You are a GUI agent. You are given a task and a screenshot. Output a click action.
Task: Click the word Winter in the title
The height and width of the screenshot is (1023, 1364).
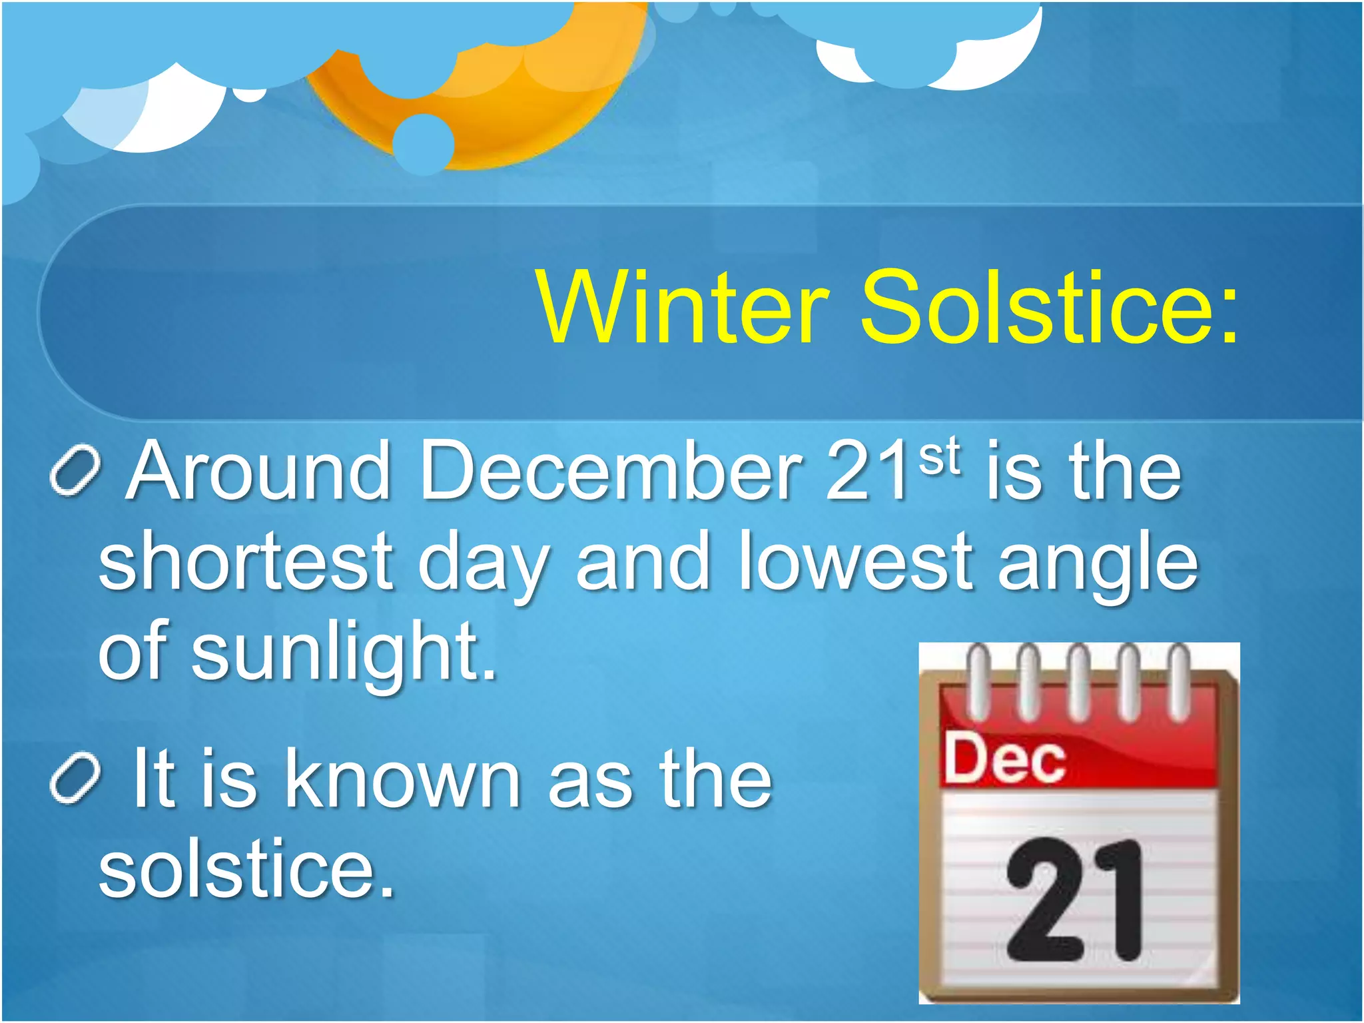click(683, 307)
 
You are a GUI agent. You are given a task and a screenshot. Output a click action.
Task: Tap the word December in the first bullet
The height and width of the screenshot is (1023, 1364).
click(610, 472)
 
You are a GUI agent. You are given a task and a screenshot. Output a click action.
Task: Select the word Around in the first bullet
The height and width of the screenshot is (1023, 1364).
click(260, 472)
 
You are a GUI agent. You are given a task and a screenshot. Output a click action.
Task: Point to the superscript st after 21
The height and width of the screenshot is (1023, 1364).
click(940, 456)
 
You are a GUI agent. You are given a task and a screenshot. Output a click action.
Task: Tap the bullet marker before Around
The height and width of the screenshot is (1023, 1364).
click(75, 472)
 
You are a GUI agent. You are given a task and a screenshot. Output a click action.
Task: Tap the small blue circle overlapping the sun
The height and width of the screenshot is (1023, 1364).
click(424, 144)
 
